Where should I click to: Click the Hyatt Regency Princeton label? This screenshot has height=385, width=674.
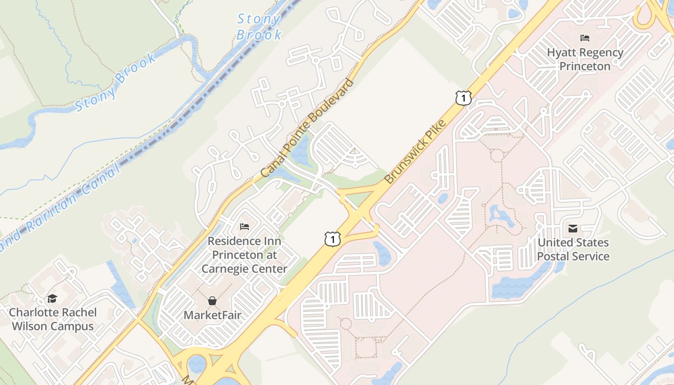585,59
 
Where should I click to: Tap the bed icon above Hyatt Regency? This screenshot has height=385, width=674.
585,38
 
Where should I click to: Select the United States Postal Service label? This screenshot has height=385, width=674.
573,249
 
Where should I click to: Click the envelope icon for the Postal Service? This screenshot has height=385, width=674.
573,228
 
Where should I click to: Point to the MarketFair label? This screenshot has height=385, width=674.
212,315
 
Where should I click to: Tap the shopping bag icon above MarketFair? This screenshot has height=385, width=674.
212,301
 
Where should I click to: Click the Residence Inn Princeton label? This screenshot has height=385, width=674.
244,255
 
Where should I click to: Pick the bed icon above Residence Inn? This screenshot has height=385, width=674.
245,226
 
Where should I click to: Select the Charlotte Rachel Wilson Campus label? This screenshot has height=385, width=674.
53,319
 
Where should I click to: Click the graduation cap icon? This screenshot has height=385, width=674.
52,298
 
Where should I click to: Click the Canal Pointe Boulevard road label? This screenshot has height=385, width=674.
307,128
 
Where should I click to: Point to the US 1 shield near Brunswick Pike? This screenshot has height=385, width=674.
463,98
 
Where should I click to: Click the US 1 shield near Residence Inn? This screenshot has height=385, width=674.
332,239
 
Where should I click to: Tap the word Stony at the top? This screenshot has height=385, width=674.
259,19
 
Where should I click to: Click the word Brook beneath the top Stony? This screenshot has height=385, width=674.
259,35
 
